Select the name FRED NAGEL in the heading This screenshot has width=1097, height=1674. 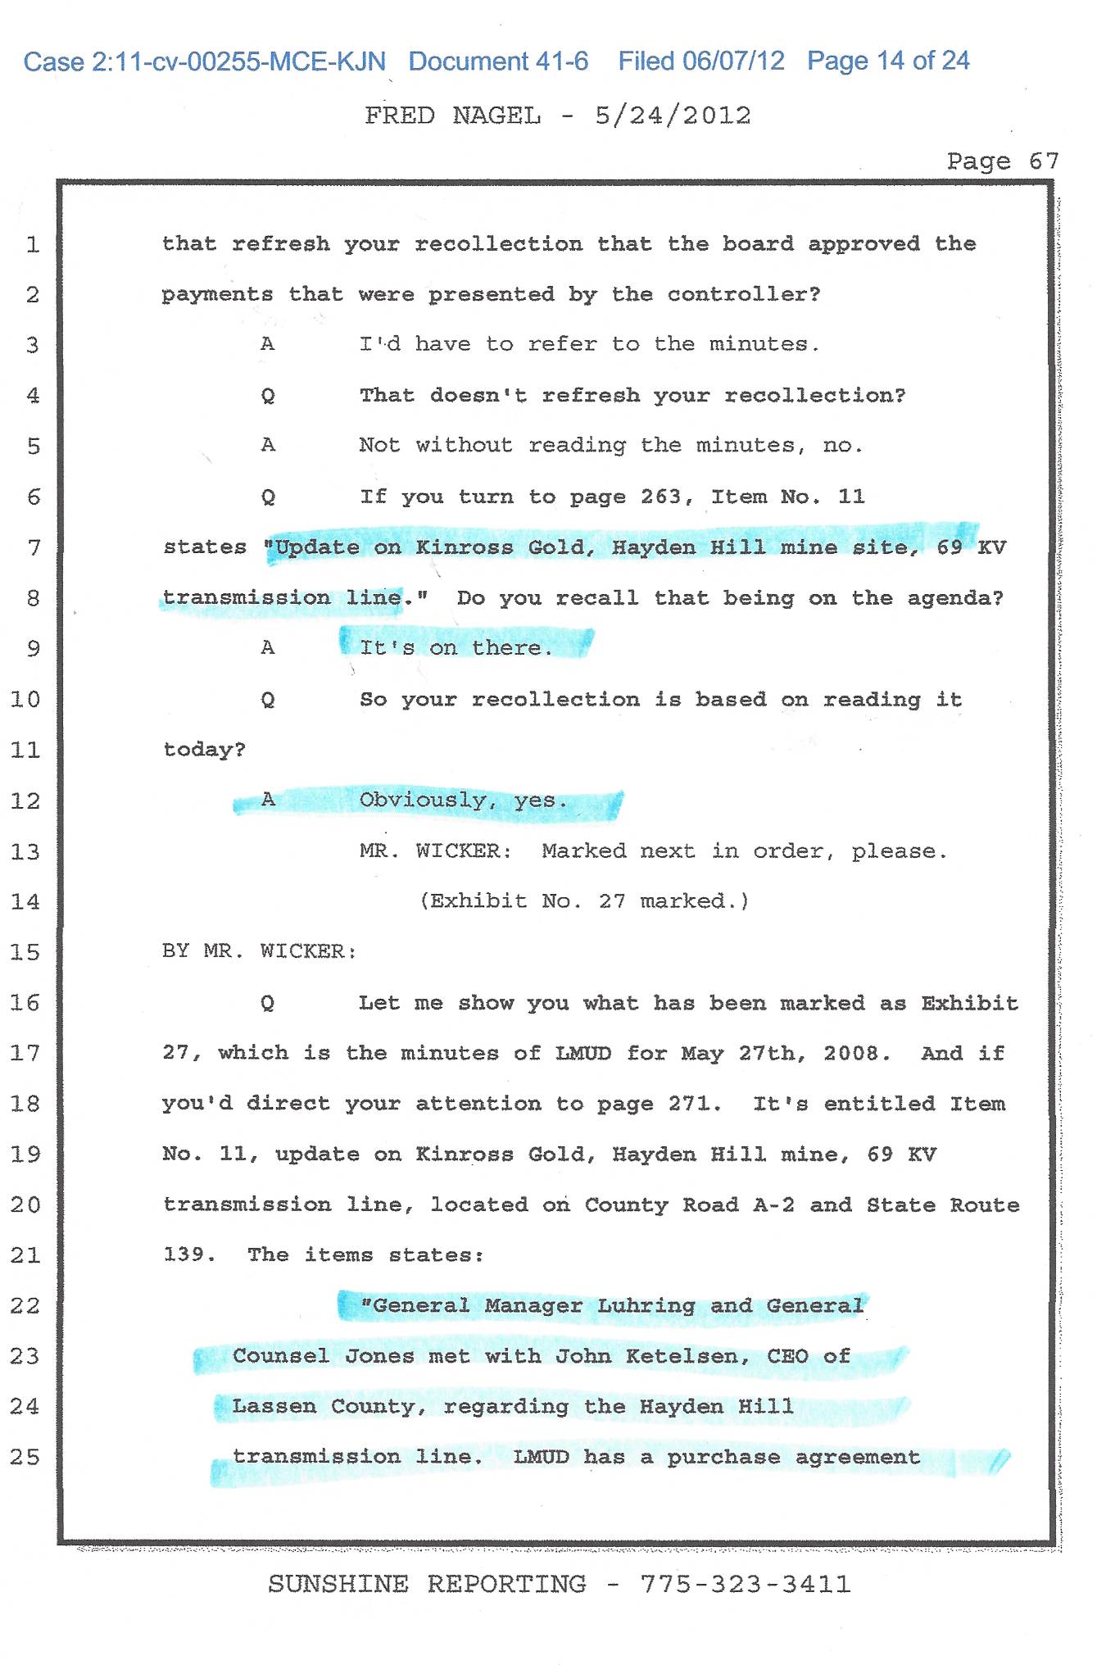tap(453, 116)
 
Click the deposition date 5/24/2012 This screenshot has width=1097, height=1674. tap(673, 116)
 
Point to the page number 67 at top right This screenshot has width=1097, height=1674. tap(1044, 161)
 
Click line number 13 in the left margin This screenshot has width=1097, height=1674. tap(25, 852)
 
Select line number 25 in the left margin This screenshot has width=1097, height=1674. tap(25, 1457)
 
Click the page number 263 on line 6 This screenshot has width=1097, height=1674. tap(660, 497)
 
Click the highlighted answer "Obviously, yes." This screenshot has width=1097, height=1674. tap(464, 801)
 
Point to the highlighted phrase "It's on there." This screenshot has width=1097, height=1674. tap(456, 648)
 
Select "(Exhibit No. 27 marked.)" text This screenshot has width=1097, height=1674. tap(584, 901)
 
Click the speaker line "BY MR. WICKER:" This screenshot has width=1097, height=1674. tap(260, 951)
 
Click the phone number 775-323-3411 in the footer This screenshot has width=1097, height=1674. tap(746, 1584)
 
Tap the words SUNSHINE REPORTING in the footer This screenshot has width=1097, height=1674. tap(427, 1584)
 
